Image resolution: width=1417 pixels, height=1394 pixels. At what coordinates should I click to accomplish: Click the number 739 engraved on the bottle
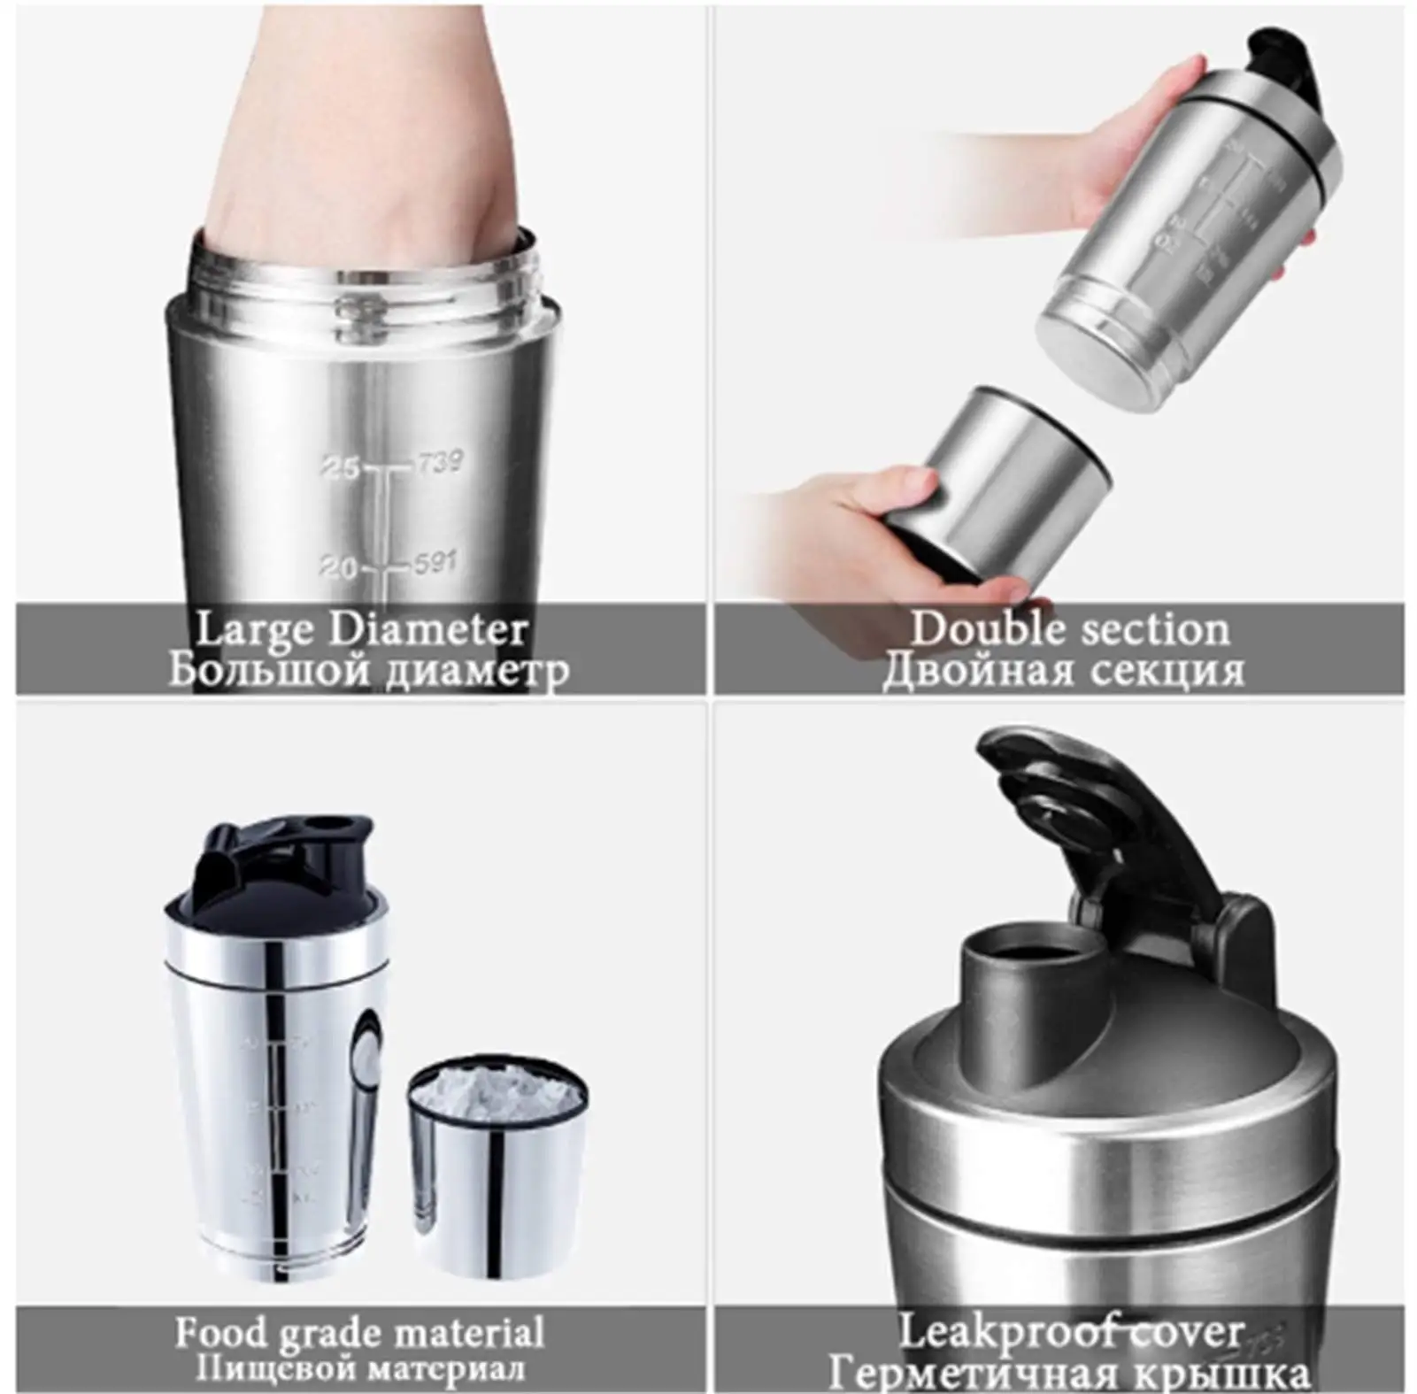coord(439,462)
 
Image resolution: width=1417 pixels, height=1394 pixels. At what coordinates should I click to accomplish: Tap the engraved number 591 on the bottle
coord(434,562)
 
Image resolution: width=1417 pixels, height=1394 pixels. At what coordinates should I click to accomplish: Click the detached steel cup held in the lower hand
coord(1009,482)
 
